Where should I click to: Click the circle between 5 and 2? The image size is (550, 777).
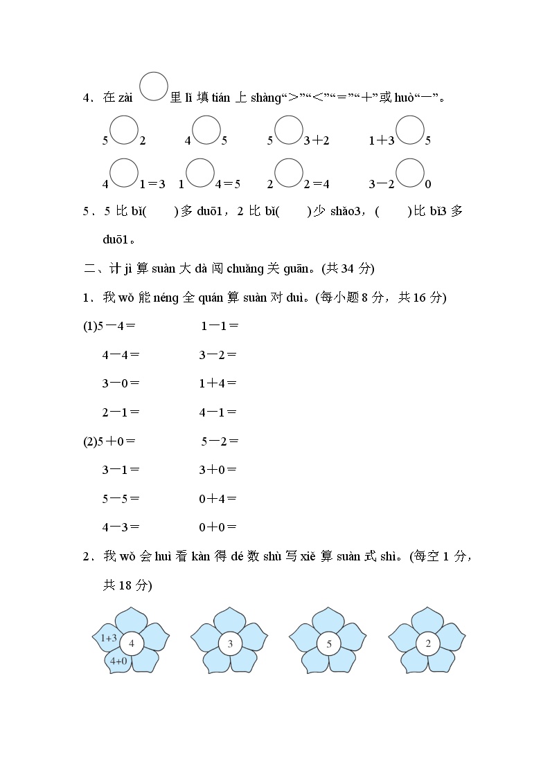coord(124,130)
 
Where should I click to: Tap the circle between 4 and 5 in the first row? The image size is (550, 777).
coord(206,130)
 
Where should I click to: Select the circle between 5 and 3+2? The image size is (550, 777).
coord(289,130)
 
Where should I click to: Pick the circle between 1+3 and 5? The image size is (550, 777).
coord(410,130)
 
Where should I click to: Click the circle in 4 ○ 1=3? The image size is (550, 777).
coord(124,173)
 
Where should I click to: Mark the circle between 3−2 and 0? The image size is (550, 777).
coord(410,173)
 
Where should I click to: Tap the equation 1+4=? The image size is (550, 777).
coord(218,383)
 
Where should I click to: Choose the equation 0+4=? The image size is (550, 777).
coord(218,498)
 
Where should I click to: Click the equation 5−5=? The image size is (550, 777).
coord(121,498)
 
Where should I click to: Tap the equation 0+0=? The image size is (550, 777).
coord(218,527)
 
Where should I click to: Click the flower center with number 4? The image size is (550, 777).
coord(131,644)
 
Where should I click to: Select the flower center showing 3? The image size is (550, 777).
coord(230,644)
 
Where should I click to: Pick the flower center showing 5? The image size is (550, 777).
coord(329,644)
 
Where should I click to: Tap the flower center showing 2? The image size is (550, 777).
coord(428,644)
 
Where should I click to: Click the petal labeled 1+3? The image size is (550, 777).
coord(108,638)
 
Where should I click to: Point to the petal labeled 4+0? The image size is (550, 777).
coord(118,661)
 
